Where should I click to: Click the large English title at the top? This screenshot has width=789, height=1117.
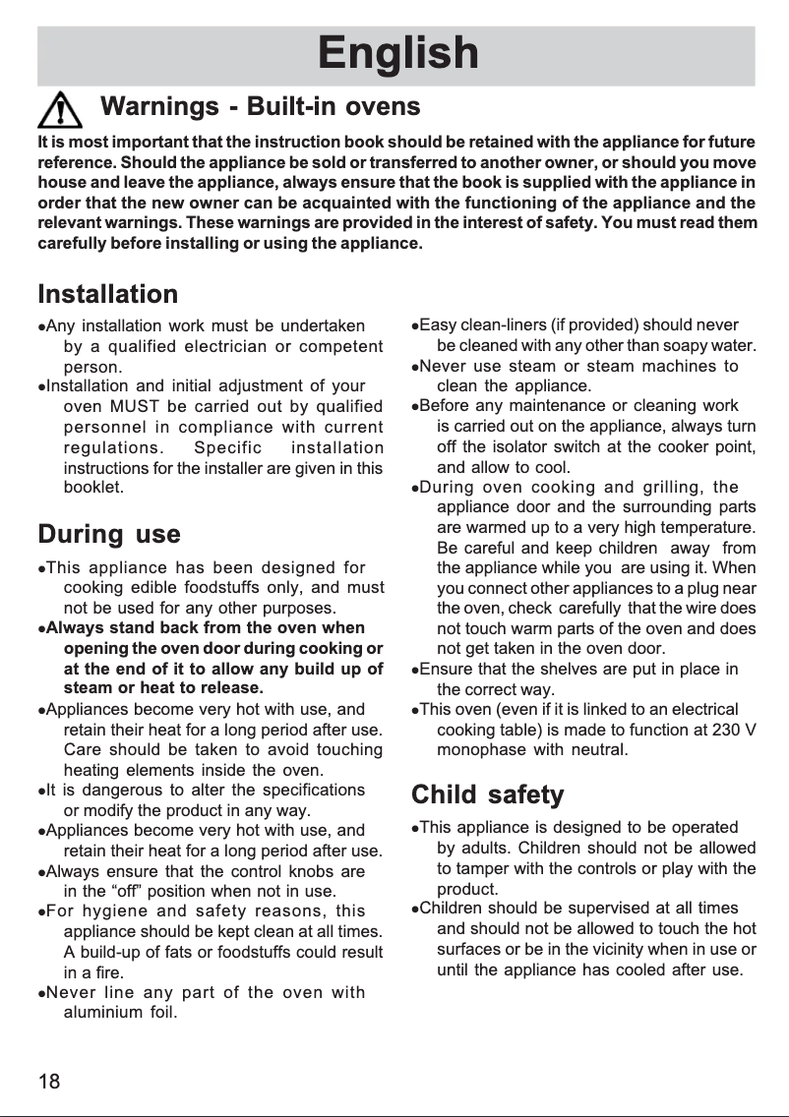pos(397,54)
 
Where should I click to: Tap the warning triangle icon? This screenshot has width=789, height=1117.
pos(61,107)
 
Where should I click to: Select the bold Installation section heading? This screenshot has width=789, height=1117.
pos(108,294)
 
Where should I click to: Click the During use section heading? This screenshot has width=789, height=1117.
pos(108,535)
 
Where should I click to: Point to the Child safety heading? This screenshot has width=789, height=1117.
pos(487,794)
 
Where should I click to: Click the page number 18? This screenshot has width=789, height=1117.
pos(49,1083)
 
